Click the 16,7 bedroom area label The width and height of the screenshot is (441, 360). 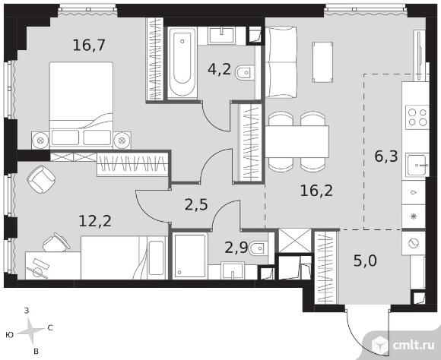click(89, 45)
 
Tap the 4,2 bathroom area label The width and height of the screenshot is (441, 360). click(220, 69)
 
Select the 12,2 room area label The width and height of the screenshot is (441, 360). click(95, 221)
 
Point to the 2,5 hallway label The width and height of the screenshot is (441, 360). click(196, 204)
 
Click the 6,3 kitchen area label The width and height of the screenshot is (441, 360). click(386, 156)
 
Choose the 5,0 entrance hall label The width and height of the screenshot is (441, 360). click(365, 261)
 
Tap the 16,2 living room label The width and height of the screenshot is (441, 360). click(316, 191)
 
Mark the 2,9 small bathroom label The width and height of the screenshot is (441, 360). click(236, 248)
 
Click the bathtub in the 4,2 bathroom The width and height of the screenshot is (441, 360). click(182, 63)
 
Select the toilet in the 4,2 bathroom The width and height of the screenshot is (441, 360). click(246, 73)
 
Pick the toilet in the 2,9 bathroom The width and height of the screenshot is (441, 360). click(259, 248)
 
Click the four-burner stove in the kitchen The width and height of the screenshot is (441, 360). click(417, 117)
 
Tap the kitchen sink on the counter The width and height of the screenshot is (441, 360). click(417, 166)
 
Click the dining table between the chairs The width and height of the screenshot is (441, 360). click(297, 141)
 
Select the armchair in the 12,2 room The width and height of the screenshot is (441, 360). click(41, 179)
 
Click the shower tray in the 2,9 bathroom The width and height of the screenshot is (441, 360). click(190, 256)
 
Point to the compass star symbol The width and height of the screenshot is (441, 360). click(31, 332)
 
